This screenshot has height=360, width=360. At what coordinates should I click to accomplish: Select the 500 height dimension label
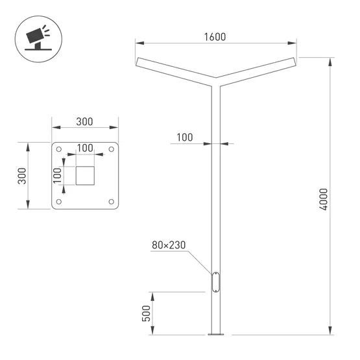point(146,314)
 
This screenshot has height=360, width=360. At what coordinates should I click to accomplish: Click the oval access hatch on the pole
point(216,283)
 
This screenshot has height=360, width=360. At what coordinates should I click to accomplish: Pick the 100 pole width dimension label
point(185,137)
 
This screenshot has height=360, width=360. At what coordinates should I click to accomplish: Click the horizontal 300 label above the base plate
point(85,121)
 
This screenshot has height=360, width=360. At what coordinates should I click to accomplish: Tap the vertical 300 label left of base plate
point(21,176)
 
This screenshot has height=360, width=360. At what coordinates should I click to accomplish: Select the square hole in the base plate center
point(85,176)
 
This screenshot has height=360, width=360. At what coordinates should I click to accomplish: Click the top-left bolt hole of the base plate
point(60,150)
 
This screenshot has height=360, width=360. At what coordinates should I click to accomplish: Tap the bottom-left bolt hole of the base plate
point(60,202)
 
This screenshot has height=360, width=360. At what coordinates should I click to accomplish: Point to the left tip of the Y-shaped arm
point(138,62)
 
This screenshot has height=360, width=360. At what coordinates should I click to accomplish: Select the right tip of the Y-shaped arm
point(295,62)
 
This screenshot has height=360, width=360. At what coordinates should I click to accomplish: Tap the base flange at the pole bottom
point(216,335)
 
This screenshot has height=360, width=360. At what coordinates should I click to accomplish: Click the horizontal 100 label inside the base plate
point(85,148)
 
